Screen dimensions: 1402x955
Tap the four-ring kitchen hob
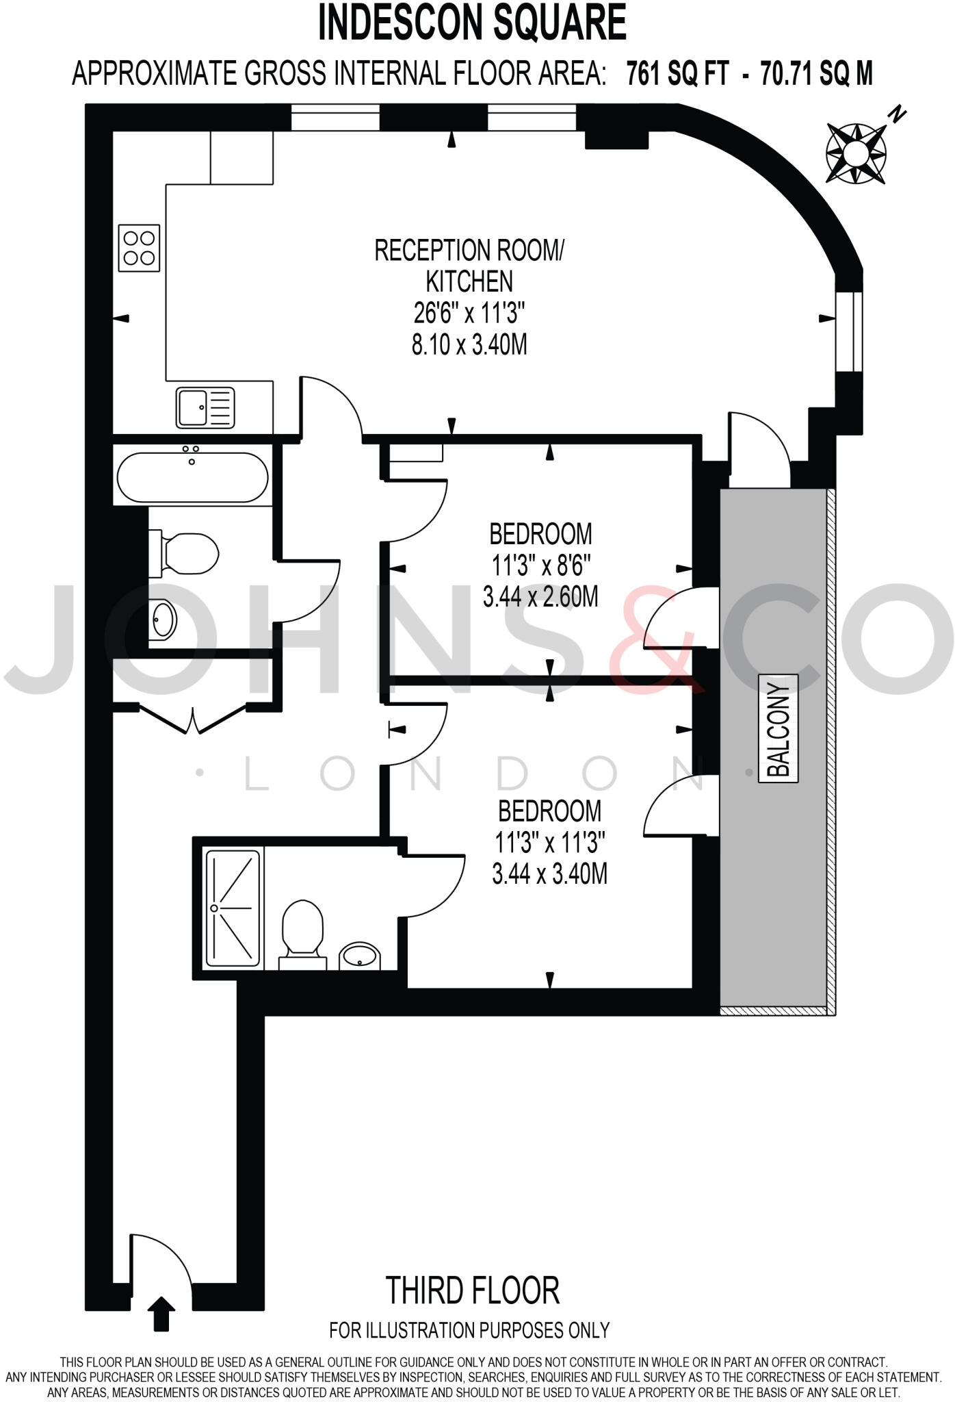(x=139, y=248)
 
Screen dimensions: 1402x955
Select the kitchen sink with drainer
(x=205, y=407)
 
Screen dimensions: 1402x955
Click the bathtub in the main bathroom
(x=192, y=478)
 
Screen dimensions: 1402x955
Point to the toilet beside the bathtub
(x=188, y=553)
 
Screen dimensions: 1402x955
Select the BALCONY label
(x=779, y=729)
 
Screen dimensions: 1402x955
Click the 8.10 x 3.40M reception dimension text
(x=469, y=344)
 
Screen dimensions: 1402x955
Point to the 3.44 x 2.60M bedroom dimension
(x=540, y=597)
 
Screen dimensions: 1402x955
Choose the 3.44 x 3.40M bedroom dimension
(x=549, y=874)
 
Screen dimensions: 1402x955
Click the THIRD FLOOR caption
(x=473, y=1290)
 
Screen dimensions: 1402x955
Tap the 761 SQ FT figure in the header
(x=678, y=73)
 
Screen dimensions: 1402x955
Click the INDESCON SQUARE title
(x=472, y=23)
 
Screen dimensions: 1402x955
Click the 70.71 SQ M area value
(x=817, y=73)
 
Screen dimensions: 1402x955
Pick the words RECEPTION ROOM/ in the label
(x=470, y=251)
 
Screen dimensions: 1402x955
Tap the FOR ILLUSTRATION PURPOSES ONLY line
(x=469, y=1330)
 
